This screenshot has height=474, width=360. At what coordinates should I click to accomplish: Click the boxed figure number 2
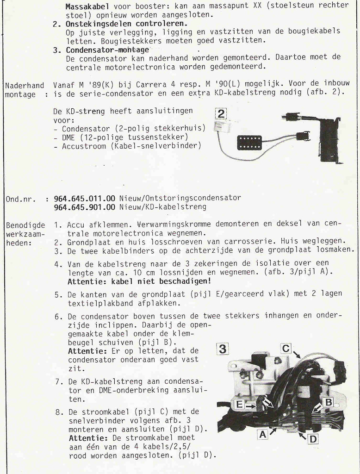coord(221,114)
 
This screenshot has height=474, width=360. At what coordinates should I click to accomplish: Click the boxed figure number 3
coord(223,349)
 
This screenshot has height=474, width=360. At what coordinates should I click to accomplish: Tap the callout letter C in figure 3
coord(286,348)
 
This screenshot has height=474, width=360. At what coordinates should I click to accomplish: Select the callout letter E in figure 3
coord(239,405)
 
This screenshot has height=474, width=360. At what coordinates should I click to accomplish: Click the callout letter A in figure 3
coord(262,435)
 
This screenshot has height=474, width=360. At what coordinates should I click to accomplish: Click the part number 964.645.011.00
coord(84,198)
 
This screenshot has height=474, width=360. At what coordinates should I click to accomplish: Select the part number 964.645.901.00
coord(84,206)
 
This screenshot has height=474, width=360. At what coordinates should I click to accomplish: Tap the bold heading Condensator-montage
coord(107,50)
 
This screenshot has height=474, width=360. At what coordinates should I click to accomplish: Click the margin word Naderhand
coord(25,85)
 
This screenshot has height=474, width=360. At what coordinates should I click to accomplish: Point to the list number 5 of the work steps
coord(57,294)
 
